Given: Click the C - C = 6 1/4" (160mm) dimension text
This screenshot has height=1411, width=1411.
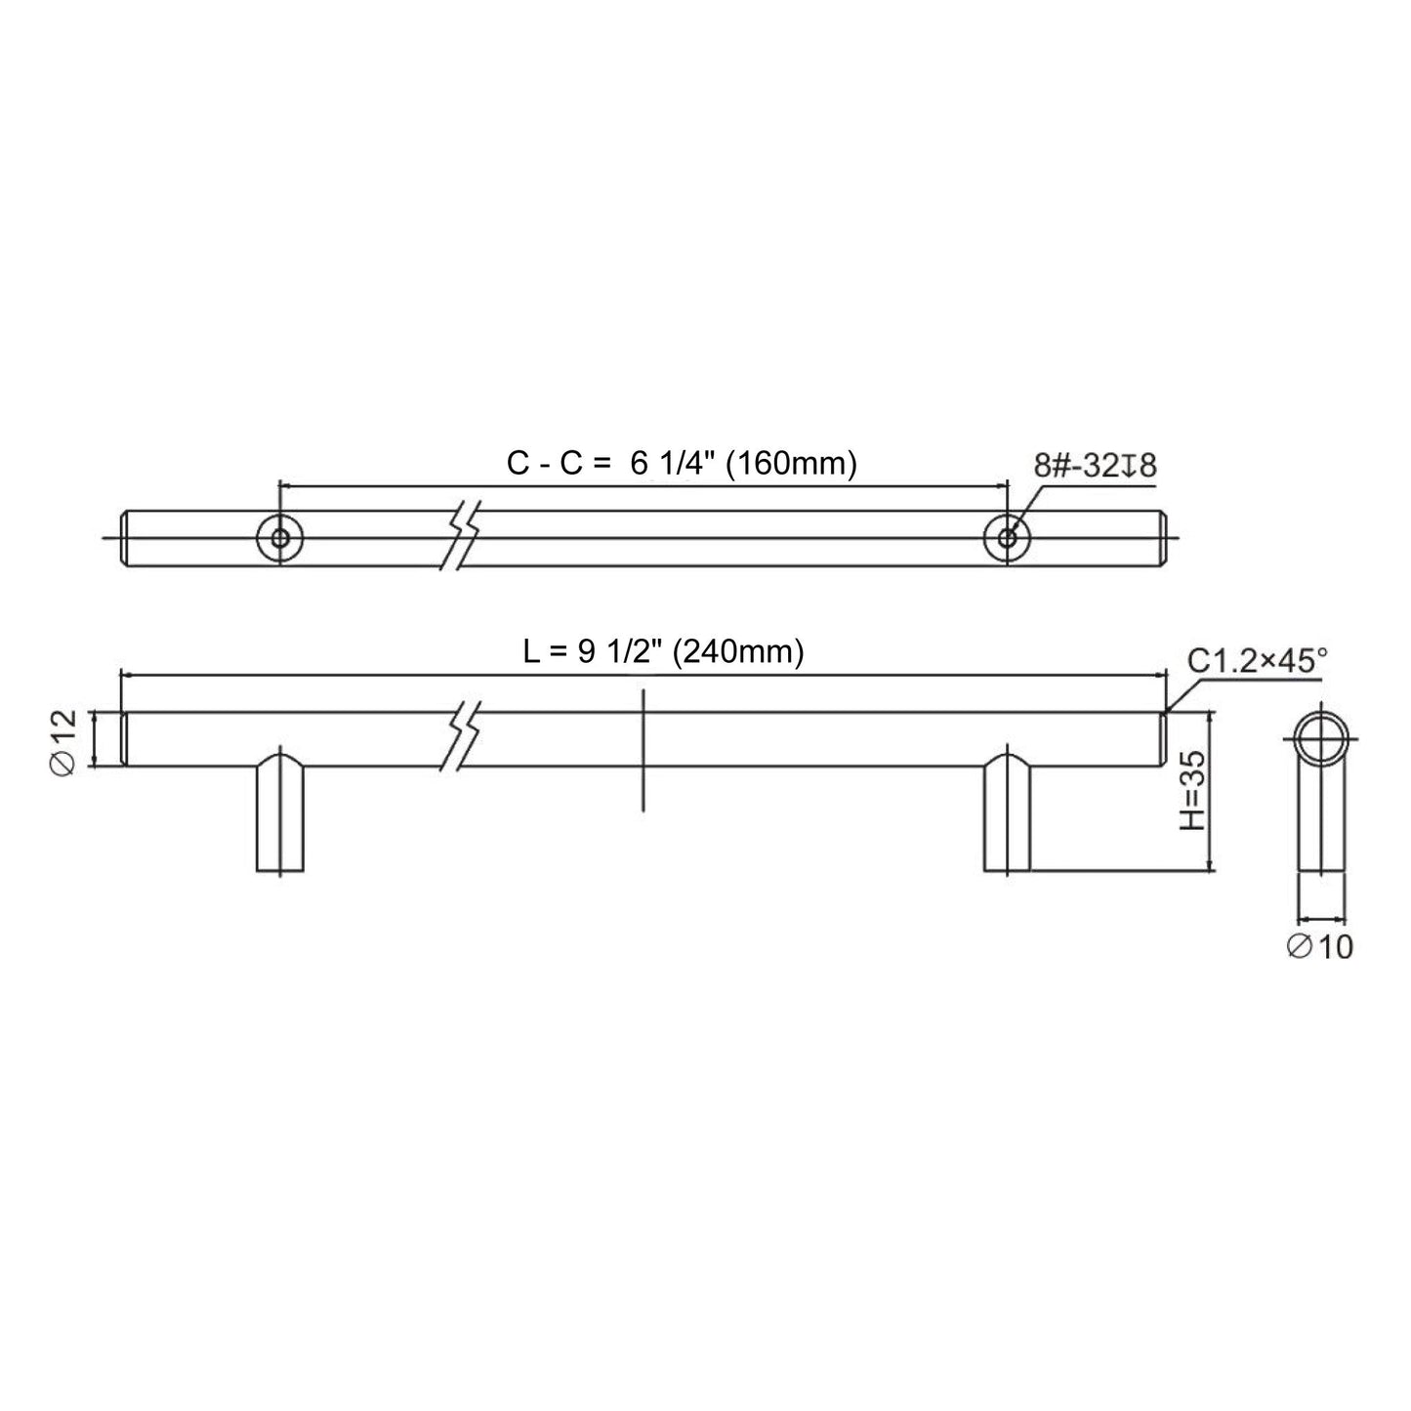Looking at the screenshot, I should pos(682,464).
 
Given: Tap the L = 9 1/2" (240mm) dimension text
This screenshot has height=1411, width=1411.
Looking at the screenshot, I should pos(663,651).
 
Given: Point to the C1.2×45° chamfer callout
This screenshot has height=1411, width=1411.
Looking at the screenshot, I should pos(1257,661).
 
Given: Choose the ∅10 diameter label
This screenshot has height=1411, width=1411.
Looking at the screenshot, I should pos(1320,945).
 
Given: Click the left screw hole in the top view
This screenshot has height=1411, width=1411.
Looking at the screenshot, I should pos(280,537).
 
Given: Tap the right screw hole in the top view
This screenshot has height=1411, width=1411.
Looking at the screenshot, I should pos(1007,537).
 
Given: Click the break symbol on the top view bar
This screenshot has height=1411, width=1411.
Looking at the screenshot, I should pos(463,537).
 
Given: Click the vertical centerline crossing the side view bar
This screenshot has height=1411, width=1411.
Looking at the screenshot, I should pos(643,749).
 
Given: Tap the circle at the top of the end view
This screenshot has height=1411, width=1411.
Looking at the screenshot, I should pos(1321,740).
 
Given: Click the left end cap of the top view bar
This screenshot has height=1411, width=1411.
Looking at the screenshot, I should pos(126,537).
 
